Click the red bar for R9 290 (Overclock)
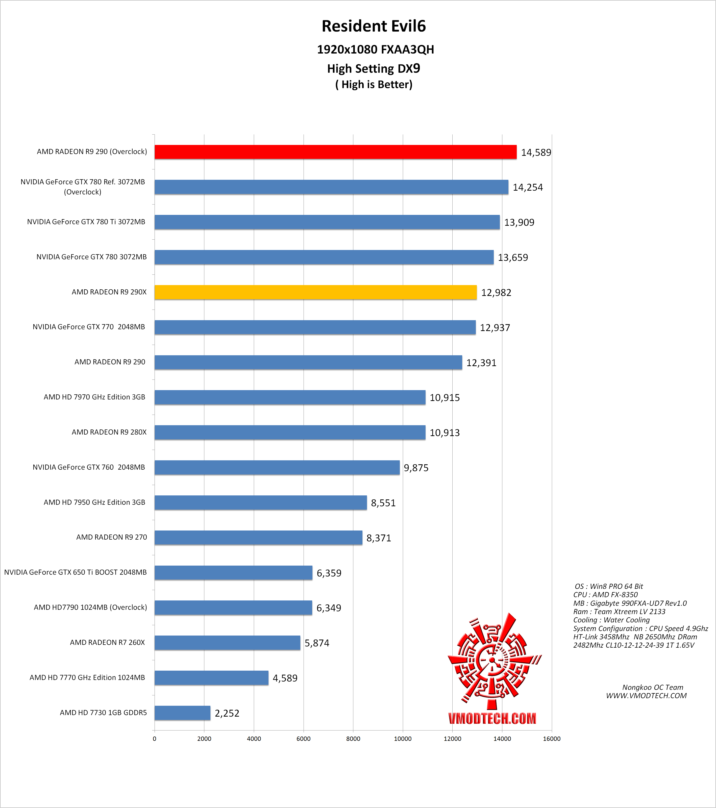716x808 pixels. point(335,152)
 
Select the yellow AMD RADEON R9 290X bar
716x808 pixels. point(315,292)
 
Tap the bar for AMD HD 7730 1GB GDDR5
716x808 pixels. point(182,713)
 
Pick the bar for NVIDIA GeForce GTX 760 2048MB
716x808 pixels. point(277,467)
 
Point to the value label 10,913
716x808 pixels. point(445,433)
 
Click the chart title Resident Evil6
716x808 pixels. point(374,26)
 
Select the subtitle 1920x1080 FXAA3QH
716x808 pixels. point(375,49)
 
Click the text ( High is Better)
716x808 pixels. point(374,85)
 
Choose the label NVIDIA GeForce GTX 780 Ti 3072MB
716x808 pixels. point(86,222)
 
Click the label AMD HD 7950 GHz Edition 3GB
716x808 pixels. point(94,502)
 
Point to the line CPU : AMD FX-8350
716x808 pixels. point(605,595)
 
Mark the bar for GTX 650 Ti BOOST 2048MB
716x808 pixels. point(233,572)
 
